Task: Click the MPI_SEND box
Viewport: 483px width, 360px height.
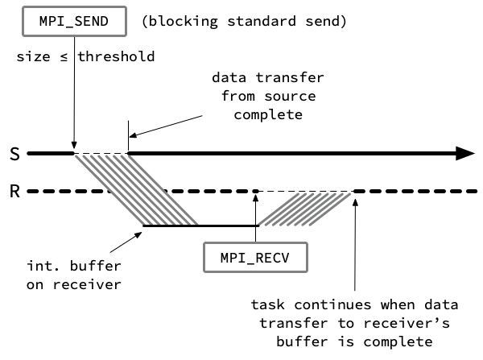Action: [73, 21]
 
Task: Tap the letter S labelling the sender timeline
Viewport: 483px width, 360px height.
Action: [14, 154]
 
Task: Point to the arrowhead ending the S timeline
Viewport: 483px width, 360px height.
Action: [465, 153]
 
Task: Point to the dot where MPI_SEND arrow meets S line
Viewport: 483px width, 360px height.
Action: [74, 152]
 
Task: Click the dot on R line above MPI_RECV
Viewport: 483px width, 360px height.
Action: [255, 192]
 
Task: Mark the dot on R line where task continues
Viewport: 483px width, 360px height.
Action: [355, 192]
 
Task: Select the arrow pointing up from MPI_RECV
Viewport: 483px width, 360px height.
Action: [255, 217]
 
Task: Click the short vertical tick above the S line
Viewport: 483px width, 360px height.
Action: [127, 139]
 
